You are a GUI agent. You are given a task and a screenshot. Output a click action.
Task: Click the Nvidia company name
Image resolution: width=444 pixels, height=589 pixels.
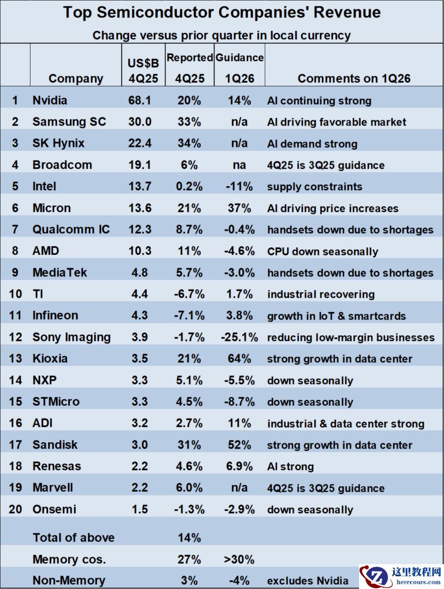pyautogui.click(x=50, y=101)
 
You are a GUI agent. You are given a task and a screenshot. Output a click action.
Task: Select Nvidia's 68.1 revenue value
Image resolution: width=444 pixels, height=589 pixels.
pyautogui.click(x=139, y=101)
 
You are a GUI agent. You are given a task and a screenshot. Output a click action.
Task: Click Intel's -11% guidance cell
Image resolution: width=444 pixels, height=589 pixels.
pyautogui.click(x=239, y=186)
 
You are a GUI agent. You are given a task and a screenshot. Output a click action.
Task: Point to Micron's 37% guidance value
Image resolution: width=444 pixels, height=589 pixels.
pyautogui.click(x=239, y=208)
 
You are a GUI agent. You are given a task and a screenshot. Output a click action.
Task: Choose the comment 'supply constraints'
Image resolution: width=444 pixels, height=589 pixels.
pyautogui.click(x=314, y=187)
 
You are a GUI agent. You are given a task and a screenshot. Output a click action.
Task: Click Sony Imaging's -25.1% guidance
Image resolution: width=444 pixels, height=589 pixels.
pyautogui.click(x=239, y=337)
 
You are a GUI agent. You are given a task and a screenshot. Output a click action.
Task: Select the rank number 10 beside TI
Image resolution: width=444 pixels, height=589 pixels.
pyautogui.click(x=15, y=294)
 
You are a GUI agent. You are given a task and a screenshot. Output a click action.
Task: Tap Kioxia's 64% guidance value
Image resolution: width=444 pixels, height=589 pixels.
pyautogui.click(x=239, y=358)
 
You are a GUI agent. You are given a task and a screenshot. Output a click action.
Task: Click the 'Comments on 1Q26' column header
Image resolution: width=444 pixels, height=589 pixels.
pyautogui.click(x=354, y=79)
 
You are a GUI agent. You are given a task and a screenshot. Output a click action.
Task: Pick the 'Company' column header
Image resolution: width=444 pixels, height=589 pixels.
pyautogui.click(x=76, y=79)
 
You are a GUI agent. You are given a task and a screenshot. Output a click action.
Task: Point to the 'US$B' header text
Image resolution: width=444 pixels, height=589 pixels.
pyautogui.click(x=139, y=63)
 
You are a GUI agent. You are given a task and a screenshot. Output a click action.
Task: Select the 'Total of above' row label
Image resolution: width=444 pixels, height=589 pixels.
pyautogui.click(x=73, y=538)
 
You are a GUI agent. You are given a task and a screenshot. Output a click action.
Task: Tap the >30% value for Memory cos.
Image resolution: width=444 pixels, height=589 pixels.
pyautogui.click(x=239, y=560)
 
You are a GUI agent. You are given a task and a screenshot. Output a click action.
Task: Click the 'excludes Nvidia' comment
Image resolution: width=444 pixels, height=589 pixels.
pyautogui.click(x=308, y=581)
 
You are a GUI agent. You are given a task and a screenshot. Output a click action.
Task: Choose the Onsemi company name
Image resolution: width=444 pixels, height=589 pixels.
pyautogui.click(x=54, y=509)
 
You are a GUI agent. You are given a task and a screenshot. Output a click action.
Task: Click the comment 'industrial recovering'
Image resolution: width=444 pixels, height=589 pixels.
pyautogui.click(x=321, y=294)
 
